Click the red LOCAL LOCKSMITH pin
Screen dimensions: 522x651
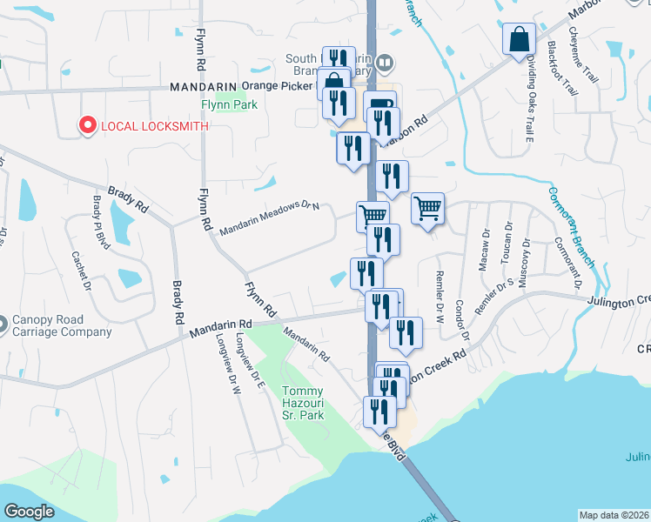pyautogui.click(x=87, y=126)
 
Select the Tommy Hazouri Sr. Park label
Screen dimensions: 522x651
pyautogui.click(x=303, y=403)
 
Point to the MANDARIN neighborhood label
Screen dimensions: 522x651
pyautogui.click(x=204, y=87)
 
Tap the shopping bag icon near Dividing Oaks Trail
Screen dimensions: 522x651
pyautogui.click(x=519, y=40)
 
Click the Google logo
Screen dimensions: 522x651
pyautogui.click(x=29, y=512)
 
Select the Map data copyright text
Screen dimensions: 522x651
pyautogui.click(x=614, y=515)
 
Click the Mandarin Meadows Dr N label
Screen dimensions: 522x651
pyautogui.click(x=270, y=217)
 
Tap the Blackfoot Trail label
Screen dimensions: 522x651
pyautogui.click(x=563, y=68)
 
